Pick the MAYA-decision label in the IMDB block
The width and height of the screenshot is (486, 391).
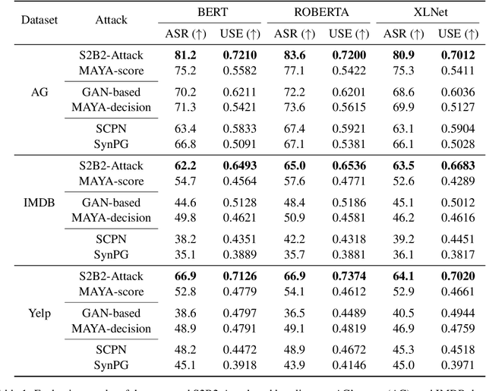point(115,217)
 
